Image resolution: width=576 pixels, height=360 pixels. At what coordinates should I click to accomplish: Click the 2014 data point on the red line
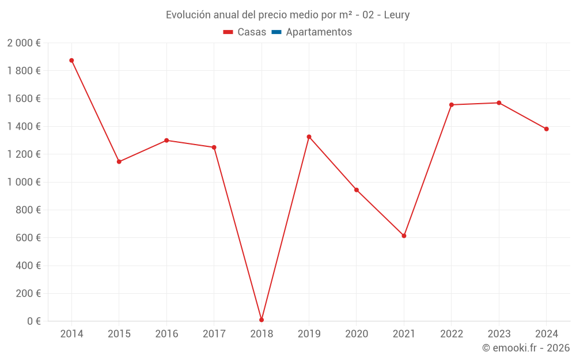pyautogui.click(x=71, y=60)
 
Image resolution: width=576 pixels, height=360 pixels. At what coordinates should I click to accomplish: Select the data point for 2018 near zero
pyautogui.click(x=262, y=320)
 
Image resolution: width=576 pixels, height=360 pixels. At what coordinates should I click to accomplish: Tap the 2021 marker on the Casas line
pyautogui.click(x=404, y=236)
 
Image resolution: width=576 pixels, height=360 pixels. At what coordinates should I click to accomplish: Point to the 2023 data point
pyautogui.click(x=499, y=103)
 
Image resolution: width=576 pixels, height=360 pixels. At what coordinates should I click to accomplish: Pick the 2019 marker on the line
pyautogui.click(x=309, y=137)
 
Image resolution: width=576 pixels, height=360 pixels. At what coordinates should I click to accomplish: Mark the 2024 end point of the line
pyautogui.click(x=546, y=129)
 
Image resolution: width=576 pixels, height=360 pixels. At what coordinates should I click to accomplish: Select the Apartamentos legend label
pyautogui.click(x=319, y=32)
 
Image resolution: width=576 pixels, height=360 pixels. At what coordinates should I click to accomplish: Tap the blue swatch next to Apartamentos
pyautogui.click(x=276, y=32)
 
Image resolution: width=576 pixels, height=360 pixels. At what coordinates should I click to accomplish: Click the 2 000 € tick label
pyautogui.click(x=24, y=43)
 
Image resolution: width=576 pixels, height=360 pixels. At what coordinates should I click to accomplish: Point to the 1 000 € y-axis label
pyautogui.click(x=24, y=182)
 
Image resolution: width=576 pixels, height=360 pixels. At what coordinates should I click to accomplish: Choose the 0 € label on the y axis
pyautogui.click(x=34, y=321)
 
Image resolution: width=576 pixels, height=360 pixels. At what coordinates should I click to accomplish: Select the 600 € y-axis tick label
pyautogui.click(x=29, y=238)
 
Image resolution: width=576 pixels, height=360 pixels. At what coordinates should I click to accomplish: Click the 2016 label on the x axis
pyautogui.click(x=166, y=334)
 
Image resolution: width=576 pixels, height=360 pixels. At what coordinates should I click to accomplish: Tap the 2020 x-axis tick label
pyautogui.click(x=357, y=334)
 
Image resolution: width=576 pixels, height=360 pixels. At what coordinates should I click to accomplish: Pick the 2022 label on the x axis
pyautogui.click(x=451, y=334)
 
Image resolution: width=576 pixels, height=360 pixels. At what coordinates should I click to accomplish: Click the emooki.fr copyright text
pyautogui.click(x=526, y=348)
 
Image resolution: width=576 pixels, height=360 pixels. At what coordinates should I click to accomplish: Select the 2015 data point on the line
pyautogui.click(x=119, y=162)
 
